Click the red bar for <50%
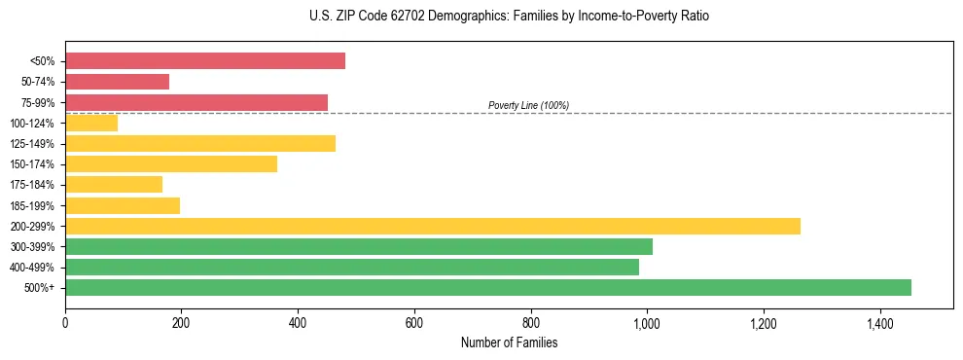(205, 61)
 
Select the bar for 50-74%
(118, 82)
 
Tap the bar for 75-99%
(196, 102)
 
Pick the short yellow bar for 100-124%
(91, 123)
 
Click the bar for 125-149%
(200, 143)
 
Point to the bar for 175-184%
(114, 185)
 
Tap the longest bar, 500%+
(488, 287)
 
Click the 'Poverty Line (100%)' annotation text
(528, 105)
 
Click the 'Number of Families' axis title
(509, 342)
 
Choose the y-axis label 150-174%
(32, 164)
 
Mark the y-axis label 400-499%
(32, 268)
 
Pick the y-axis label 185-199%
(32, 205)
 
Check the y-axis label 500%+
(40, 288)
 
